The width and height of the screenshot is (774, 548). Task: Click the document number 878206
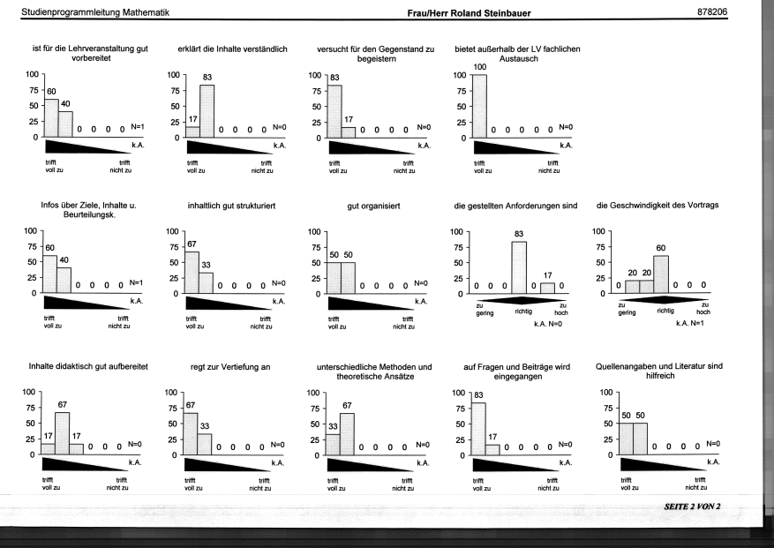tap(712, 11)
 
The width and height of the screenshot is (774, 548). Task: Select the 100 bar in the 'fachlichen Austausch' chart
tap(480, 106)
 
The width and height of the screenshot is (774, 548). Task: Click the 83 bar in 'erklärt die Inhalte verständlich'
tap(207, 111)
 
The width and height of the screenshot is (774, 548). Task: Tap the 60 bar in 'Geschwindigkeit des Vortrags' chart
tap(661, 274)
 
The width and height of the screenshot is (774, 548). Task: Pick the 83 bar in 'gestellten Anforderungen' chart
tap(519, 267)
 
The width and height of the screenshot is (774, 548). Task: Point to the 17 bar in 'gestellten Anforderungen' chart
tap(547, 289)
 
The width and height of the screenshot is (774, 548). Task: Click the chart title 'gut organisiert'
tap(373, 206)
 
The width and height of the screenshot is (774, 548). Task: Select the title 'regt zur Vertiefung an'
tap(230, 367)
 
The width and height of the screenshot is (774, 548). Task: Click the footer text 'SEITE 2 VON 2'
tap(692, 507)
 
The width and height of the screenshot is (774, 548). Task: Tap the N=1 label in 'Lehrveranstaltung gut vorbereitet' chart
tap(138, 127)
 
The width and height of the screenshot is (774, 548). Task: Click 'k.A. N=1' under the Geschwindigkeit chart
tap(690, 323)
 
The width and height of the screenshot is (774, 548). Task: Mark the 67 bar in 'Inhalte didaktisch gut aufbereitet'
tap(62, 433)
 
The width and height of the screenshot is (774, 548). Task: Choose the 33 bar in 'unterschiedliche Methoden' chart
tap(333, 445)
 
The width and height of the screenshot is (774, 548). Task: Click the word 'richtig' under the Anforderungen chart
tap(523, 312)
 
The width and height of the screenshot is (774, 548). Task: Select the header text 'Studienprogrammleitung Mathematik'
tap(95, 12)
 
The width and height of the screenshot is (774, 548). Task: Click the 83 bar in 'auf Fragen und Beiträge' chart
tap(479, 429)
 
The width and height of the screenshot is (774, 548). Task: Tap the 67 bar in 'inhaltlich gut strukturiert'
tap(192, 273)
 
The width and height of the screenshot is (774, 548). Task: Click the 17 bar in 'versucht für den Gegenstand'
tap(349, 132)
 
